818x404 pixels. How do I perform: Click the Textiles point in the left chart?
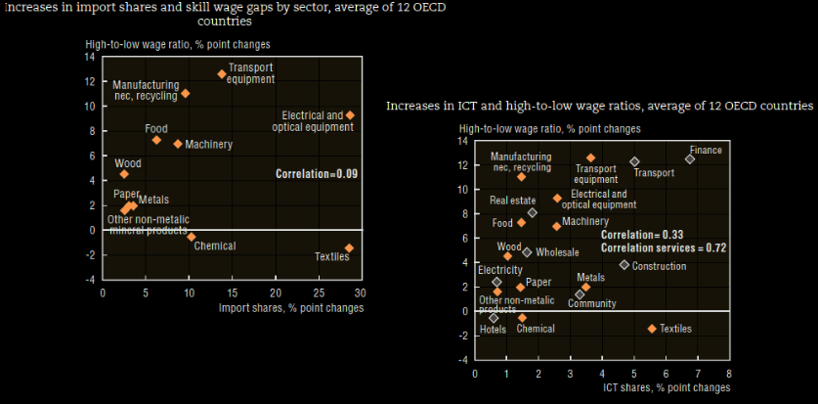[x=349, y=247]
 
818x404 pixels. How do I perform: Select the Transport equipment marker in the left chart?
[x=221, y=73]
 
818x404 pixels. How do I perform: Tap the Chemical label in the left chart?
[x=214, y=246]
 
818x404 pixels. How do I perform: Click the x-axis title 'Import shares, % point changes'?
[x=291, y=307]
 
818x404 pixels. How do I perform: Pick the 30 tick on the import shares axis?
[x=360, y=292]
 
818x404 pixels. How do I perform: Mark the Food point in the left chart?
[x=156, y=140]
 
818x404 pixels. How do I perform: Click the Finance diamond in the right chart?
[x=690, y=158]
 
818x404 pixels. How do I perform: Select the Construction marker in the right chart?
[x=624, y=265]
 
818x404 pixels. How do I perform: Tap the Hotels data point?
[x=494, y=318]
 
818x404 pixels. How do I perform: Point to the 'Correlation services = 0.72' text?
[x=663, y=248]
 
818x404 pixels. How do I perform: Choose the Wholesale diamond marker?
[x=527, y=252]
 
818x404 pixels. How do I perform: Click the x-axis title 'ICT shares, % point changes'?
[x=666, y=388]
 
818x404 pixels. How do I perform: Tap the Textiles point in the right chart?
[x=652, y=328]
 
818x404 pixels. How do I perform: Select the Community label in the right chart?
[x=591, y=304]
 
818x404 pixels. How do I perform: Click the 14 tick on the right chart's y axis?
[x=464, y=141]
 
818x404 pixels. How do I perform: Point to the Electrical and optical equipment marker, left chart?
[x=350, y=115]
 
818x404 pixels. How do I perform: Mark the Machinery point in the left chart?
[x=177, y=144]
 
